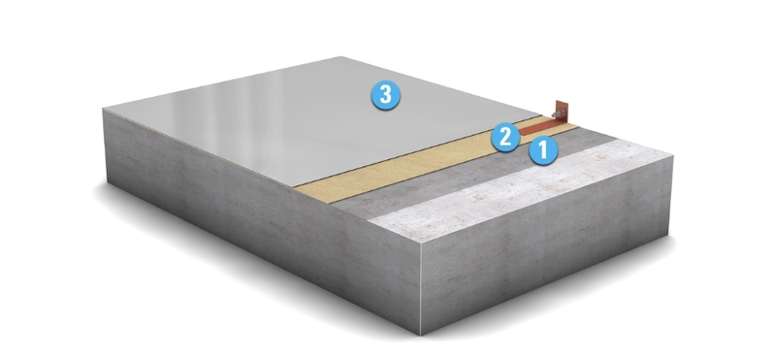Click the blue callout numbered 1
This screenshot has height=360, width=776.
[x=543, y=150]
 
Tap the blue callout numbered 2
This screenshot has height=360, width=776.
[x=505, y=137]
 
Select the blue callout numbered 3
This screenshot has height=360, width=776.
[x=385, y=94]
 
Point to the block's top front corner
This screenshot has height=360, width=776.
[x=421, y=244]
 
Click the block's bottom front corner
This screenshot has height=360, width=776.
[x=421, y=335]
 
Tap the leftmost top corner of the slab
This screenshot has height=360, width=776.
[x=103, y=110]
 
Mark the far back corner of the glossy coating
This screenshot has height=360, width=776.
[x=341, y=56]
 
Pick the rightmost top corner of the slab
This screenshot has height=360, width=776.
[x=673, y=155]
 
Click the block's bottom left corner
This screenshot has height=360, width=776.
[x=107, y=181]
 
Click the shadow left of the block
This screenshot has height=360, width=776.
[x=99, y=193]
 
